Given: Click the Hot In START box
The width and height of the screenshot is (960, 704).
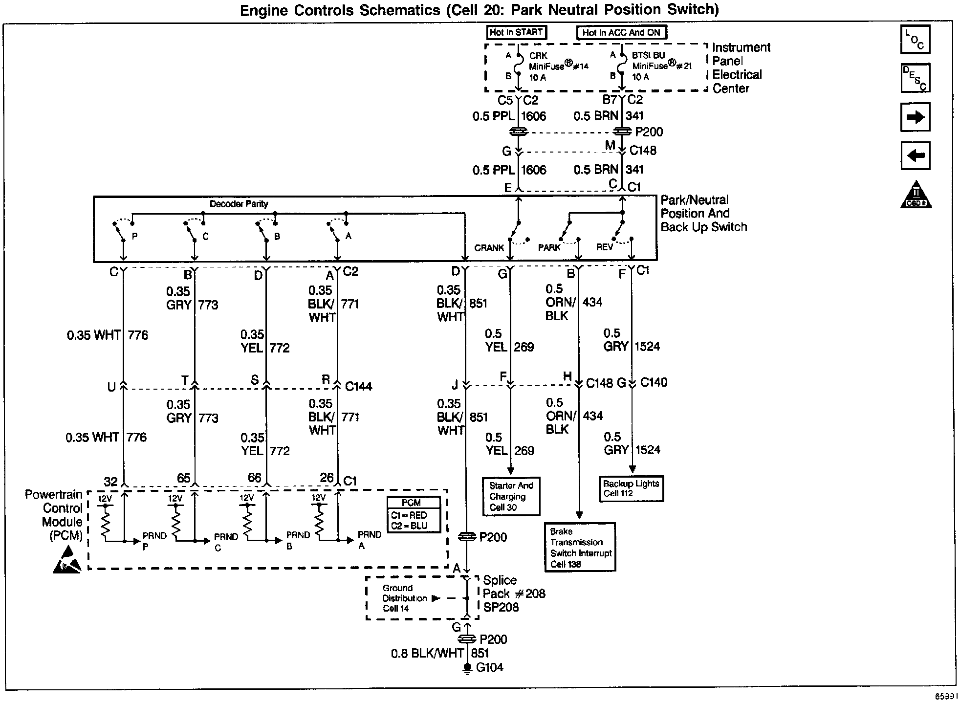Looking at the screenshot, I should point(516,32).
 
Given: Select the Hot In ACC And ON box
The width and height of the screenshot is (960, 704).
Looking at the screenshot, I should point(621,33).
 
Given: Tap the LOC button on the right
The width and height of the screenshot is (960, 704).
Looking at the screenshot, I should point(915,39).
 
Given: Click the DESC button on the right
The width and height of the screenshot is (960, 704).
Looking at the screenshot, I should point(915,78).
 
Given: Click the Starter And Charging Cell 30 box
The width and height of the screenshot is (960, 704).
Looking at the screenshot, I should point(511,496).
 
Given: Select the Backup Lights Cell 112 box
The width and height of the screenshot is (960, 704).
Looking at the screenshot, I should point(631,488).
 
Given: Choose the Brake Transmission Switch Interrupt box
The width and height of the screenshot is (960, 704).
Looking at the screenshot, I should point(580,547).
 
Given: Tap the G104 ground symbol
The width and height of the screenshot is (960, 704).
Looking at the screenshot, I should point(467,668).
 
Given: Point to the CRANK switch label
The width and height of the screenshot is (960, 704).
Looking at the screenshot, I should point(488,248).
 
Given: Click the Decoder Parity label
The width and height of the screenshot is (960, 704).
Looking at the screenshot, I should point(239,204).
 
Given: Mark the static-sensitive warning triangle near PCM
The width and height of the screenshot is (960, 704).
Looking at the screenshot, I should point(67,561).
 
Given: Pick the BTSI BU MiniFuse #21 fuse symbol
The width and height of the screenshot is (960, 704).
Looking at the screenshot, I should point(622,66).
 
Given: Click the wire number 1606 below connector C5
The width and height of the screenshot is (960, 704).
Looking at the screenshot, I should point(533,116).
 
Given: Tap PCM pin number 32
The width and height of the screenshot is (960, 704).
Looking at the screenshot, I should point(111,482).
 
